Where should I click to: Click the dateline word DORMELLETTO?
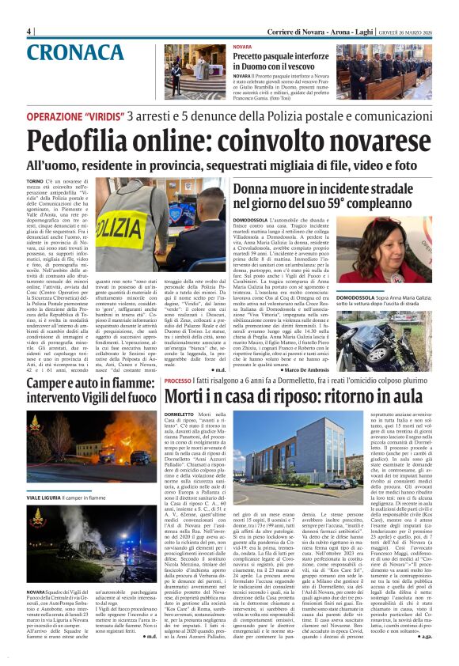(180, 414)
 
